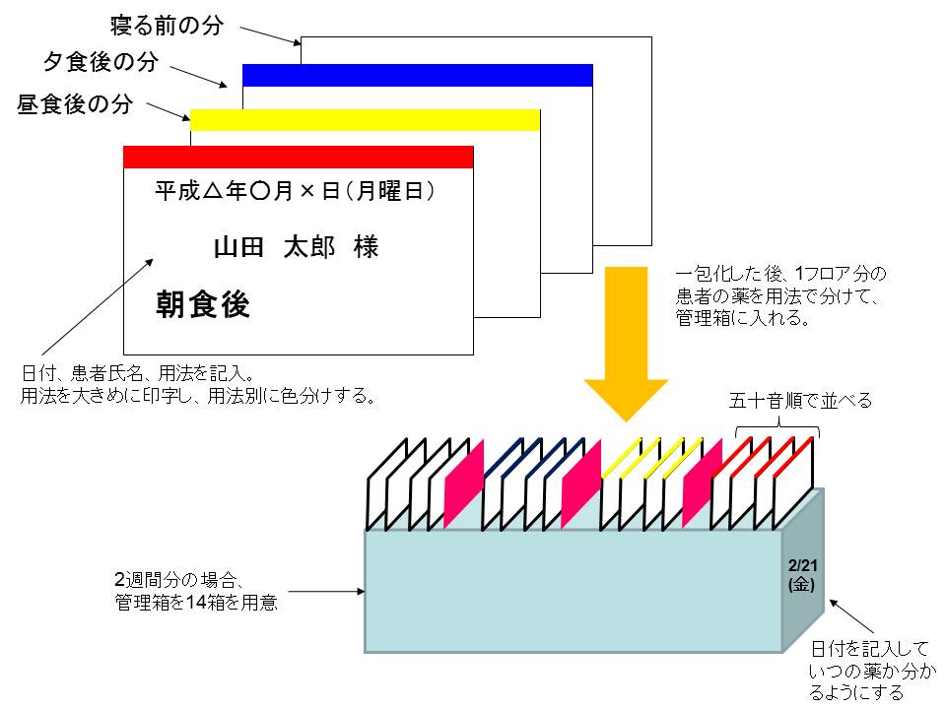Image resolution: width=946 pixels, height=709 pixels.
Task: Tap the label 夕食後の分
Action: tap(101, 63)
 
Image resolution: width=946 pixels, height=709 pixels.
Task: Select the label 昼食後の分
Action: tap(75, 105)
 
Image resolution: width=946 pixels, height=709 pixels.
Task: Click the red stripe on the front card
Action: tap(298, 157)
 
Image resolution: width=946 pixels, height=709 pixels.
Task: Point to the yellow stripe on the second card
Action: tap(365, 119)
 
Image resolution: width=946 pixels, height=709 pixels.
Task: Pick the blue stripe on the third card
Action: tap(417, 75)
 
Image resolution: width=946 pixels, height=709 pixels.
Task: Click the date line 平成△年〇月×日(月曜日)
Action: tap(296, 191)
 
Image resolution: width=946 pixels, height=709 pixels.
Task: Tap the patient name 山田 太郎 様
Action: tap(296, 247)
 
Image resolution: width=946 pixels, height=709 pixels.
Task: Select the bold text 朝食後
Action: tap(203, 304)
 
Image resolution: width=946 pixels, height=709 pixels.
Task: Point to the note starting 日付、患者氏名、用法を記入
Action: tap(197, 385)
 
